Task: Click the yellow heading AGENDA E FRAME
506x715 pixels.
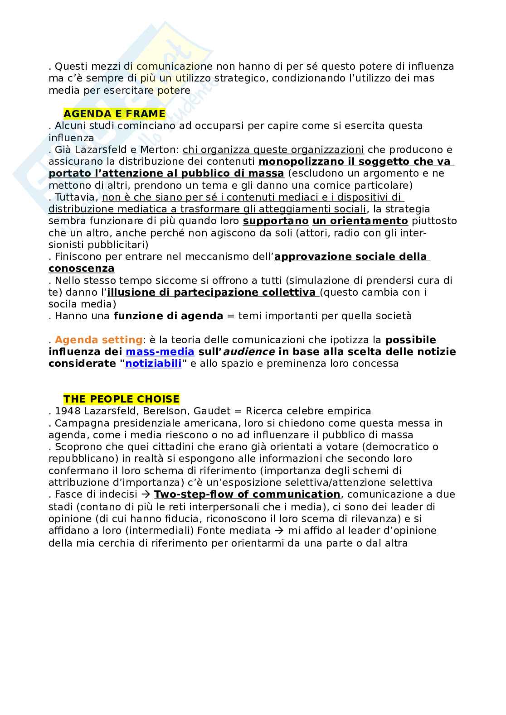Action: pyautogui.click(x=114, y=113)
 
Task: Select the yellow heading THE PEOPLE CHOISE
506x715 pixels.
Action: pyautogui.click(x=121, y=399)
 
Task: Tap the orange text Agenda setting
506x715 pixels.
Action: pyautogui.click(x=98, y=340)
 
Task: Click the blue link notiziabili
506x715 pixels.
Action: pyautogui.click(x=153, y=363)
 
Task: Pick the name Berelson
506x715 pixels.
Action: pyautogui.click(x=165, y=411)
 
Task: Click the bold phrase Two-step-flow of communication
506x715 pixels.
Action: pyautogui.click(x=247, y=494)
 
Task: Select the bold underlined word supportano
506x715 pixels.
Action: pyautogui.click(x=276, y=221)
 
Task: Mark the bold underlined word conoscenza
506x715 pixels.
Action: pyautogui.click(x=82, y=268)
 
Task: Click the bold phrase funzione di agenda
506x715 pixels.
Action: pyautogui.click(x=168, y=316)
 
